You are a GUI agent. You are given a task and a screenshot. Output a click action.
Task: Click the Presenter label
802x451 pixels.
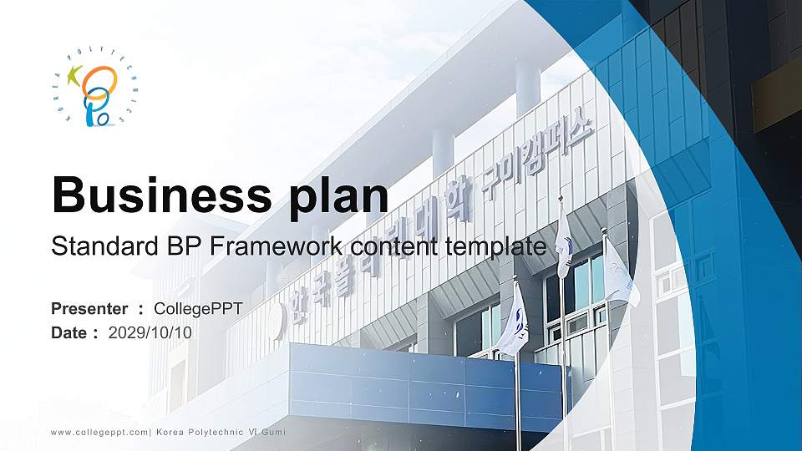click(89, 309)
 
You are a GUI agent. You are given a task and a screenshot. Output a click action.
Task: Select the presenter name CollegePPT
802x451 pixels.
click(204, 309)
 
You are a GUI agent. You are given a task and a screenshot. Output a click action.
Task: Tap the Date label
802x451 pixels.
click(69, 332)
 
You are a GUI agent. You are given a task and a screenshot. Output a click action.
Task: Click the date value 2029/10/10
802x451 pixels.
click(150, 332)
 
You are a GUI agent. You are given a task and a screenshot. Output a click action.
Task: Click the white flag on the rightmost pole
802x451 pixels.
click(619, 272)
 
